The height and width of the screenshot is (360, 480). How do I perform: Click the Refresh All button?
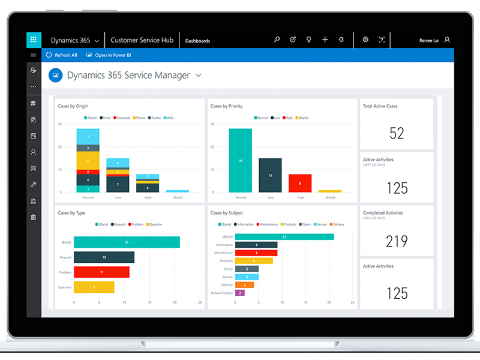coord(62,55)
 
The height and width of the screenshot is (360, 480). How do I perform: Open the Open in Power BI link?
coord(108,55)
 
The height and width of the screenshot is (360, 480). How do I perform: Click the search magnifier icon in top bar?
coord(276,40)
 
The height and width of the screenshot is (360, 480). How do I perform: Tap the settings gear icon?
coord(365,40)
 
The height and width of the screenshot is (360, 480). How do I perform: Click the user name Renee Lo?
coord(429,40)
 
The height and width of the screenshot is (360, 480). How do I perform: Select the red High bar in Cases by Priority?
coord(300,183)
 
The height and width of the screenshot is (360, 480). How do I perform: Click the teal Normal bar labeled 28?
coord(240,160)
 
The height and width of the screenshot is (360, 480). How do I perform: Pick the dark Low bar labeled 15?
coord(270,175)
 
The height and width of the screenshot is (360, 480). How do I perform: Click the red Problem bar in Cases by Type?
coord(102,272)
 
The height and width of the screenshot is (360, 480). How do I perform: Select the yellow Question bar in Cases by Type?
coord(94,287)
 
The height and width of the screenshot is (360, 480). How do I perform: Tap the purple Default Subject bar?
coord(240,293)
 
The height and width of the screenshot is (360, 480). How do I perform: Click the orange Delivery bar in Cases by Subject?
coord(244,285)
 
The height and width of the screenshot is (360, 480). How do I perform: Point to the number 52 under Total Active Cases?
coord(397,134)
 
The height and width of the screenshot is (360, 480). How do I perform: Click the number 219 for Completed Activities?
coord(397,242)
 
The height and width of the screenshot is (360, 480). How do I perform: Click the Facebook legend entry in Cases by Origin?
coord(122,118)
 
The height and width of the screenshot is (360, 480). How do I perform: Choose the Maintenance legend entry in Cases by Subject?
coord(267,224)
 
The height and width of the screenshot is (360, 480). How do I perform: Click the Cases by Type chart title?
coord(72,213)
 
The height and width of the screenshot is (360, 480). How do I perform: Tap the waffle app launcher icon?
coord(34,40)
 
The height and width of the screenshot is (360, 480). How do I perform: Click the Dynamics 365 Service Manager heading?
coord(128,75)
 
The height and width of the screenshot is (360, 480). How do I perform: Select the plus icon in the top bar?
coord(325,40)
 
